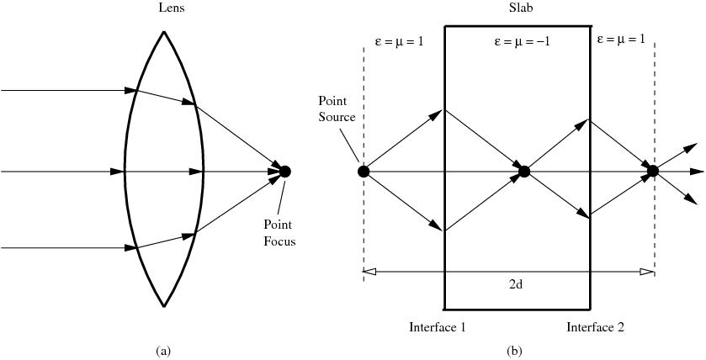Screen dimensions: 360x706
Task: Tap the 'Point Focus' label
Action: click(x=280, y=233)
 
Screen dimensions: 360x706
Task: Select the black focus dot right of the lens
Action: click(x=284, y=172)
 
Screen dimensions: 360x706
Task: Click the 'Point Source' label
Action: click(x=337, y=109)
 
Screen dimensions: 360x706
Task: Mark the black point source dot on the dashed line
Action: click(x=364, y=172)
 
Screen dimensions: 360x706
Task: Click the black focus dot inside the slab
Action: click(x=524, y=172)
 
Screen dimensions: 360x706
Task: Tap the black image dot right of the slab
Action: click(x=653, y=172)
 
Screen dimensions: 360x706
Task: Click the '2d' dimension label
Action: click(x=518, y=284)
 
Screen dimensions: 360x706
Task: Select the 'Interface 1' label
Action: click(x=438, y=327)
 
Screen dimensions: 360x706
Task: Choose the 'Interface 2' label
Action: click(x=595, y=327)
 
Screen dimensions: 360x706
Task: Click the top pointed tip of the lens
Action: click(x=164, y=33)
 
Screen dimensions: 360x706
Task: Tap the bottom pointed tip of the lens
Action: click(x=164, y=306)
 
